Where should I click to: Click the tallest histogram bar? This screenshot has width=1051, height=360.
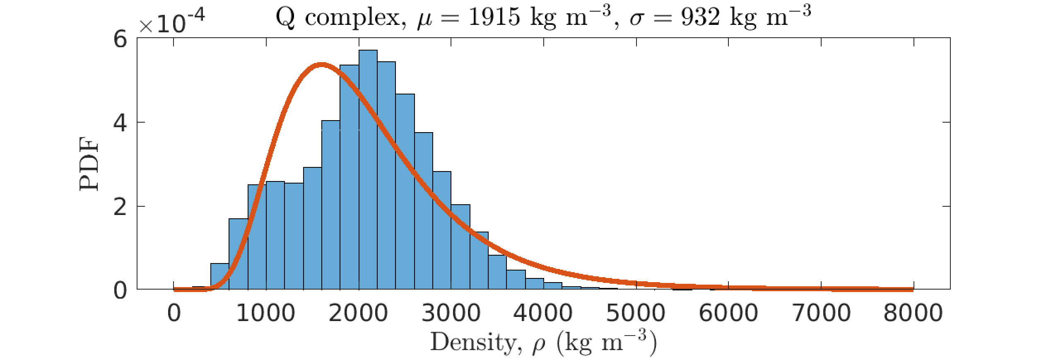368,170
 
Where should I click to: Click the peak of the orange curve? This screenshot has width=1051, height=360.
321,65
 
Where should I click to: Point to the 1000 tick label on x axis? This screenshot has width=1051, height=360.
266,313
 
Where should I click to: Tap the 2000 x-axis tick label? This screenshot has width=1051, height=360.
359,313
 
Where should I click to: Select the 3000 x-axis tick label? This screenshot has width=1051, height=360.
451,313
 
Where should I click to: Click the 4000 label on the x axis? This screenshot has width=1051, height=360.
543,313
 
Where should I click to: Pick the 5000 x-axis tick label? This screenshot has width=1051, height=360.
636,313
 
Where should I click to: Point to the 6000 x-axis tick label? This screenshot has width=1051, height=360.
729,313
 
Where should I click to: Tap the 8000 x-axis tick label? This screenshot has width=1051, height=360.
914,313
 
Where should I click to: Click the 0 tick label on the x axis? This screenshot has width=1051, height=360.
174,313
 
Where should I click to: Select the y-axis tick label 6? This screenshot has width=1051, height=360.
120,40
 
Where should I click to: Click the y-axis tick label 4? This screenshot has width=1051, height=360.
120,123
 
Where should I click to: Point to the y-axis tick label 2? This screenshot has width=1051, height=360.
120,207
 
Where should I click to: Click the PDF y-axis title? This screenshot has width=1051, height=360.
89,164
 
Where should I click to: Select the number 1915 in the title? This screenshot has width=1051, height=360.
494,17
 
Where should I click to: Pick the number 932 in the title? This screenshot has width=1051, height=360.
701,17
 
